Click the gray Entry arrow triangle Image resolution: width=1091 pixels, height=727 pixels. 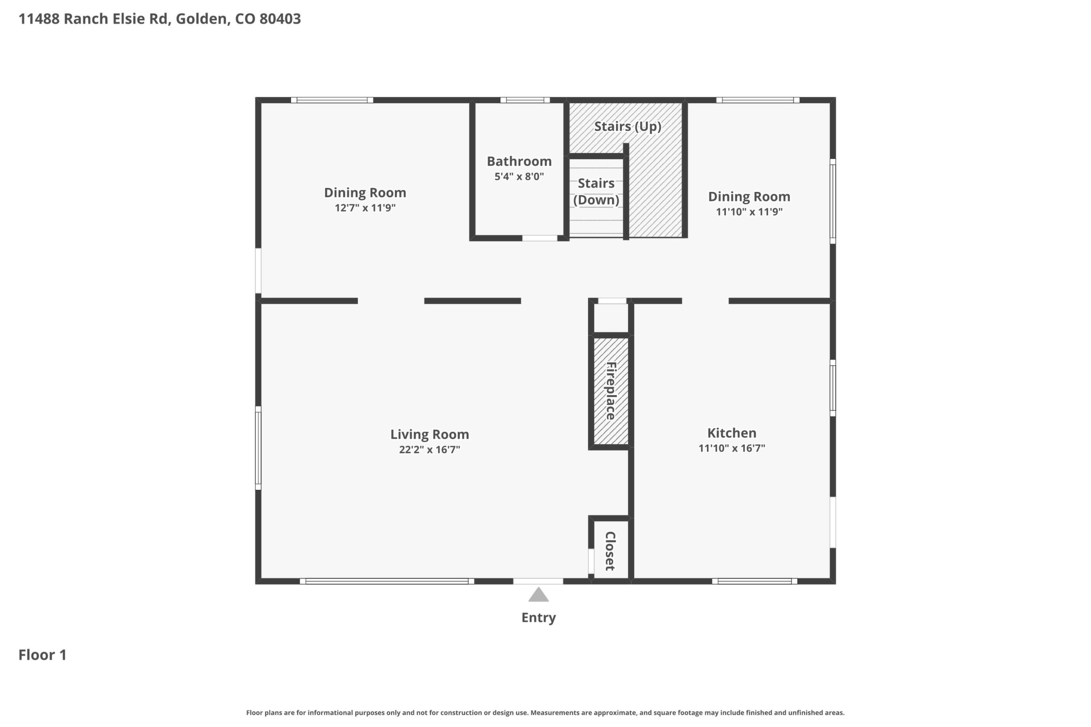pyautogui.click(x=539, y=595)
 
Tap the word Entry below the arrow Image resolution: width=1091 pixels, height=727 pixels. pyautogui.click(x=539, y=618)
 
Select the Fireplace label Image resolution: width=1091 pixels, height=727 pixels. pyautogui.click(x=611, y=391)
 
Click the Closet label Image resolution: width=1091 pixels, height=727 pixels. pyautogui.click(x=610, y=551)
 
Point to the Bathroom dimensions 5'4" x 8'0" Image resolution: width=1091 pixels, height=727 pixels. pyautogui.click(x=519, y=177)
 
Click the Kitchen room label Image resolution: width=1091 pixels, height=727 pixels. pyautogui.click(x=732, y=433)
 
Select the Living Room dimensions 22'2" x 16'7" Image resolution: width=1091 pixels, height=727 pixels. pyautogui.click(x=430, y=450)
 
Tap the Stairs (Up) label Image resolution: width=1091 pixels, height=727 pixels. pyautogui.click(x=628, y=127)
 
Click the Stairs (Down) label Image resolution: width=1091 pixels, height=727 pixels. pyautogui.click(x=596, y=191)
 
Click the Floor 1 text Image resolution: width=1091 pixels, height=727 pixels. pyautogui.click(x=43, y=655)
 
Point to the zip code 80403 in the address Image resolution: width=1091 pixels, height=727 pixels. pyautogui.click(x=280, y=19)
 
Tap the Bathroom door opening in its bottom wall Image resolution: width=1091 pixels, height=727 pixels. pyautogui.click(x=540, y=238)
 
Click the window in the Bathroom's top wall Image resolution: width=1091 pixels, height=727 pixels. pyautogui.click(x=525, y=100)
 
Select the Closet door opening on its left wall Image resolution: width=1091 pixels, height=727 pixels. pyautogui.click(x=591, y=561)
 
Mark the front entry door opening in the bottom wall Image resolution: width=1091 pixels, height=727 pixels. pyautogui.click(x=538, y=582)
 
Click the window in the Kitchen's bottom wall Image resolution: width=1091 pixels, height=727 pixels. pyautogui.click(x=755, y=582)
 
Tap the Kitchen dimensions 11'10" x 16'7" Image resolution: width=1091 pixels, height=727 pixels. pyautogui.click(x=732, y=448)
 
